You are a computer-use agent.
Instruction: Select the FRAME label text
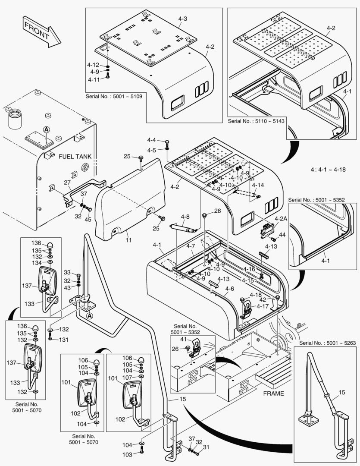click(x=273, y=393)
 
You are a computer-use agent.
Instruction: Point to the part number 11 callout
click(x=128, y=239)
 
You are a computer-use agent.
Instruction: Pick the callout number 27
click(x=67, y=183)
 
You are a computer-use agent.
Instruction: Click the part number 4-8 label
click(x=185, y=217)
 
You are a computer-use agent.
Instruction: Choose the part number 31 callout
click(x=206, y=447)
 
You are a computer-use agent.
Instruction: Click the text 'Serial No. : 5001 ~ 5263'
click(x=324, y=343)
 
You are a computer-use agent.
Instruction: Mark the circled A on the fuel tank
click(x=47, y=129)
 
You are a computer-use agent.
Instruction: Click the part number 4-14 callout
click(x=258, y=185)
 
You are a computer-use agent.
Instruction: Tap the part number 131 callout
click(x=64, y=340)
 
